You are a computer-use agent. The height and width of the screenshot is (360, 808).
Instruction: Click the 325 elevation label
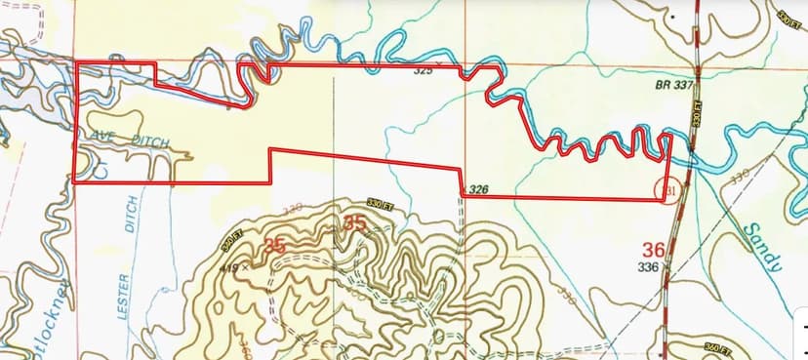coord(423,71)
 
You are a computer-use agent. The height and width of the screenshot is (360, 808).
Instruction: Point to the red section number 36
coord(654,249)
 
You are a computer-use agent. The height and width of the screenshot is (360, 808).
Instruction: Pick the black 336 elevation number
coord(648,266)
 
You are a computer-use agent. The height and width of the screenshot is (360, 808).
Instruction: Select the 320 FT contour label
coord(229,236)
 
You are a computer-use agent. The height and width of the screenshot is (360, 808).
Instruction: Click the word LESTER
coord(124,295)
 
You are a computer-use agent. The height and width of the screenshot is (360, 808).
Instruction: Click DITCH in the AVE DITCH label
coord(148,142)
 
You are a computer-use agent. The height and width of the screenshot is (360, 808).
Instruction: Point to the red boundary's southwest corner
coord(75,181)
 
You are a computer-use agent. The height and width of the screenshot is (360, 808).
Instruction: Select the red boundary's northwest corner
coord(77,64)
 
